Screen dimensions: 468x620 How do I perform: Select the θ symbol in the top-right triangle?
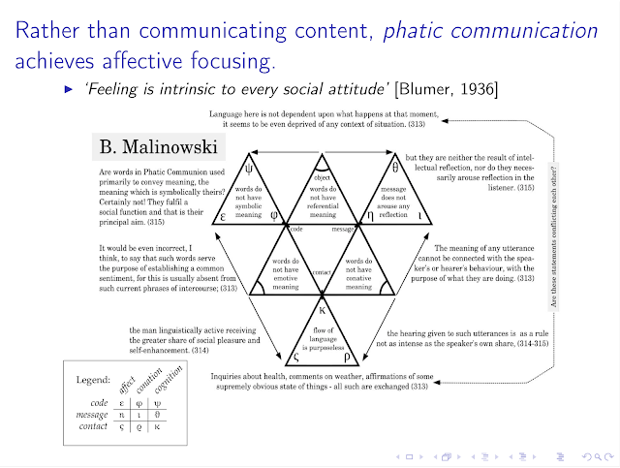(x=396, y=167)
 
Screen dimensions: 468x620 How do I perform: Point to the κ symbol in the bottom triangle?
(x=324, y=312)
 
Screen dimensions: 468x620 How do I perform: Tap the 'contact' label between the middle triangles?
(x=323, y=273)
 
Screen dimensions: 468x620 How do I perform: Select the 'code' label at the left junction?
(x=295, y=231)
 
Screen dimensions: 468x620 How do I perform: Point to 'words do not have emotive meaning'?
(x=284, y=273)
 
